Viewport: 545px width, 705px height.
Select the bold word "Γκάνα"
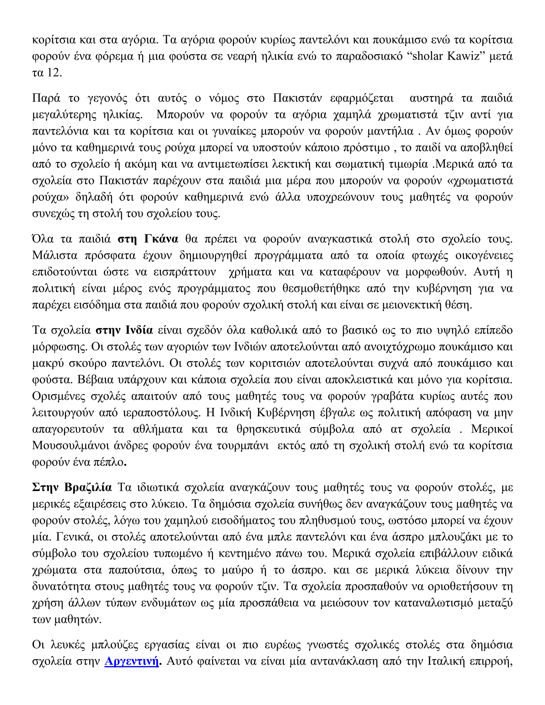(161, 239)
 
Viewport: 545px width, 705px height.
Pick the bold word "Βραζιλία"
(88, 487)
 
